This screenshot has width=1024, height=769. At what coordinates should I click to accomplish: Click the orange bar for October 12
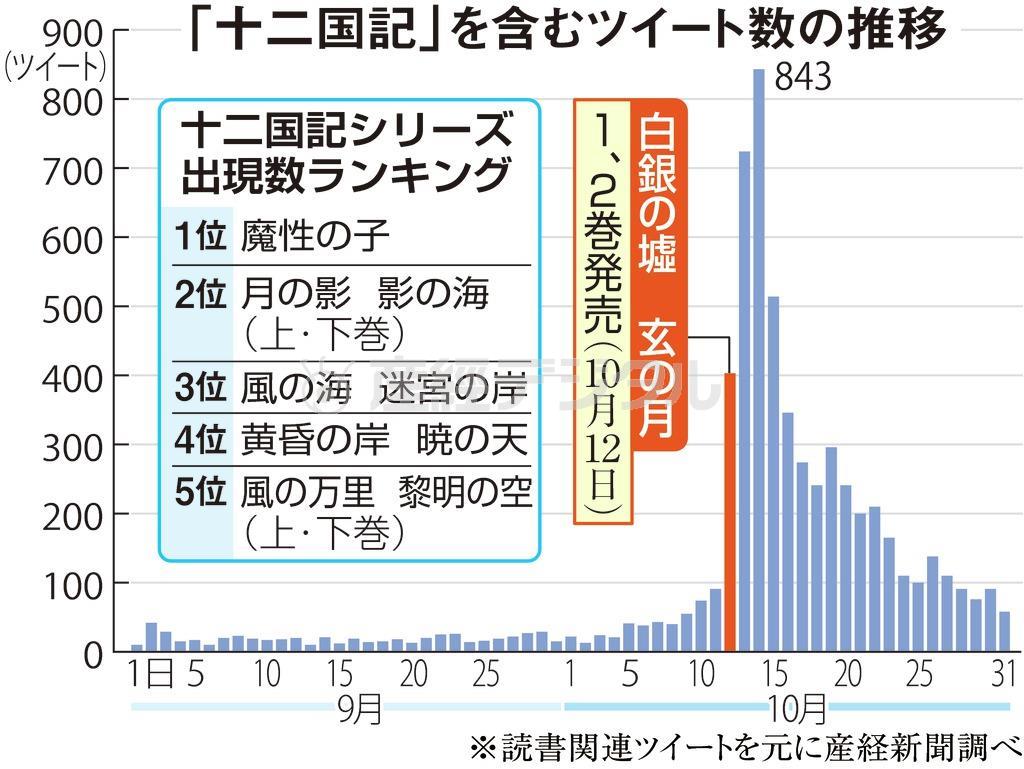click(x=730, y=512)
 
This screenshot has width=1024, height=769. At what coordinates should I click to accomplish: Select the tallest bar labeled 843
click(x=758, y=360)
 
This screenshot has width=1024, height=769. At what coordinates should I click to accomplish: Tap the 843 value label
click(x=802, y=77)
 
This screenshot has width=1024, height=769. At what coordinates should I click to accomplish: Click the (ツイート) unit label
click(x=54, y=69)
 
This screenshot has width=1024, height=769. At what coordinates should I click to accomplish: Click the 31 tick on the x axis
click(x=1003, y=673)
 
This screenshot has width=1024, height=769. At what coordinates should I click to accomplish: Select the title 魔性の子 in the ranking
click(x=316, y=237)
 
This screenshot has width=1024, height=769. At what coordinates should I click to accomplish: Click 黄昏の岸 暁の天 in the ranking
click(x=385, y=439)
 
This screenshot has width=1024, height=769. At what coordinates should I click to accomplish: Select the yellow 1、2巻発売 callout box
click(x=603, y=310)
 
